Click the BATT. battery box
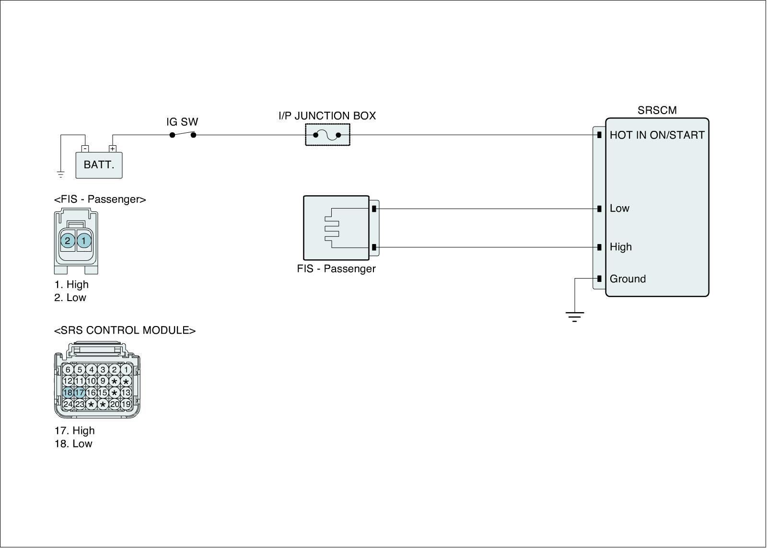99,165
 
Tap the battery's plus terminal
113,149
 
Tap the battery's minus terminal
85,149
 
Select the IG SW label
182,122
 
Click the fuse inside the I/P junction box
327,135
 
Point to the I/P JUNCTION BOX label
327,116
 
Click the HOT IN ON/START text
657,135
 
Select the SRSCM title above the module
657,110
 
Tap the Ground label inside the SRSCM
628,279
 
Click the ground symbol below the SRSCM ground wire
574,316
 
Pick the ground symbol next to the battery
61,174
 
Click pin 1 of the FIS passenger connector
84,241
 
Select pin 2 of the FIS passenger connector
68,241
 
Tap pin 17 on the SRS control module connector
80,393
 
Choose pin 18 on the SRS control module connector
68,393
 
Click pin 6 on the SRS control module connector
68,370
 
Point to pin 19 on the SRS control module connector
126,404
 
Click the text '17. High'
74,431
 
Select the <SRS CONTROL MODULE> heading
125,330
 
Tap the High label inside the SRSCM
620,247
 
